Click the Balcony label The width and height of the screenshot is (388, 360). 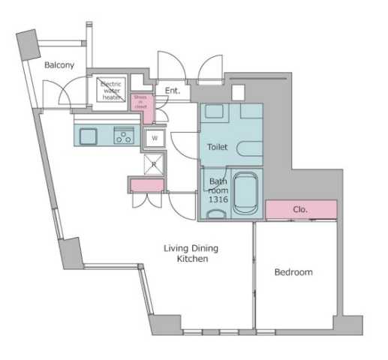pyautogui.click(x=59, y=65)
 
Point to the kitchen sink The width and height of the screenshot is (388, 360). pyautogui.click(x=87, y=136)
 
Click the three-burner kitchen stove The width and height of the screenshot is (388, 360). pyautogui.click(x=123, y=136)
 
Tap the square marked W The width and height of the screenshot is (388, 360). pyautogui.click(x=154, y=138)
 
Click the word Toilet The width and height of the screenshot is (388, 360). pyautogui.click(x=217, y=148)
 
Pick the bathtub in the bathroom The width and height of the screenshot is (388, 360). pyautogui.click(x=245, y=193)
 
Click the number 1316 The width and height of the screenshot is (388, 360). pyautogui.click(x=217, y=200)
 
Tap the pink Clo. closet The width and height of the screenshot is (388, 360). pyautogui.click(x=300, y=209)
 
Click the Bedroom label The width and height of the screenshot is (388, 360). pyautogui.click(x=293, y=271)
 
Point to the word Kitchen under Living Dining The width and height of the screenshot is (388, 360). pyautogui.click(x=192, y=259)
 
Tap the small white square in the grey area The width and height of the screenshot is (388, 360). pyautogui.click(x=239, y=94)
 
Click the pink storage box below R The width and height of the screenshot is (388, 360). pyautogui.click(x=147, y=185)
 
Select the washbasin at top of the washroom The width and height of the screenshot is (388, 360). pyautogui.click(x=215, y=111)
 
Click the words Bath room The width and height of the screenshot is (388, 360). pyautogui.click(x=218, y=186)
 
